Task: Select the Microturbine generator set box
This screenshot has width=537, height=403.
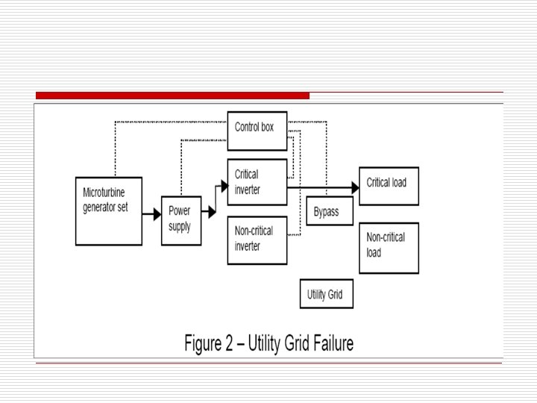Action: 109,211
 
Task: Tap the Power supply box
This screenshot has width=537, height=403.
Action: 180,220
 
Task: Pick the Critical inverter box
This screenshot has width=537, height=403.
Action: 257,181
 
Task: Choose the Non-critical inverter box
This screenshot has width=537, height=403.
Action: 257,240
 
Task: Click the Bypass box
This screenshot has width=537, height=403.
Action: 330,211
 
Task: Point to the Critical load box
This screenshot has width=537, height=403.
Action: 389,186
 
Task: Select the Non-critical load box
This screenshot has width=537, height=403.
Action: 389,248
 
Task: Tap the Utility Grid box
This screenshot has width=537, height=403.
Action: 326,293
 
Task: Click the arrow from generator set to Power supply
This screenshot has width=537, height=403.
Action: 151,214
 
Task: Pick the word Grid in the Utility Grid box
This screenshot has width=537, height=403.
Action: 336,294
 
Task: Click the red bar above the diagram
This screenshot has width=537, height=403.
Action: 172,96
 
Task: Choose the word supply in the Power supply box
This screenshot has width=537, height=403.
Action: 180,226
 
